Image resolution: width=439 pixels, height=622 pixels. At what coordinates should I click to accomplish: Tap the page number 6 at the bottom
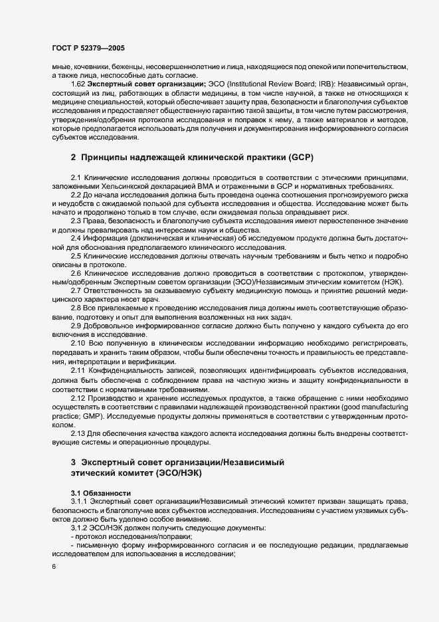pyautogui.click(x=54, y=566)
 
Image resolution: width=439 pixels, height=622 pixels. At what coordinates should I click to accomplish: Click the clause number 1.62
pyautogui.click(x=78, y=83)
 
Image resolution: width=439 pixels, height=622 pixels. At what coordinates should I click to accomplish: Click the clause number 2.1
pyautogui.click(x=76, y=179)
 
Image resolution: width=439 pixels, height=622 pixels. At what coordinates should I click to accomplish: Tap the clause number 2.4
pyautogui.click(x=76, y=237)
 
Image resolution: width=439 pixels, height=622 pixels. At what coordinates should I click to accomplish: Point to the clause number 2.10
pyautogui.click(x=78, y=341)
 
